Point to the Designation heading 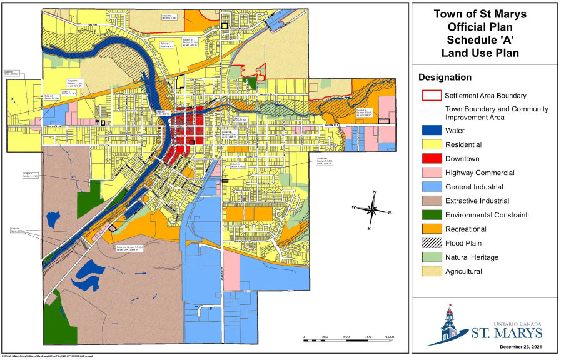tap(445, 77)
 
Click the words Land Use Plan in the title tap(480, 52)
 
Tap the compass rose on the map tap(372, 211)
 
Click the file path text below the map tap(47, 356)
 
